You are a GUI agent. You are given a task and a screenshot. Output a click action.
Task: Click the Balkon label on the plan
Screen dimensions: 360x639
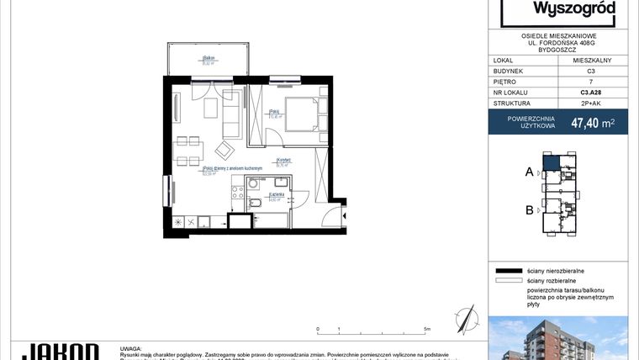[206, 59]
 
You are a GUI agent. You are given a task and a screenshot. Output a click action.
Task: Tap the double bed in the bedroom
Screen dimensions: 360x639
[300, 114]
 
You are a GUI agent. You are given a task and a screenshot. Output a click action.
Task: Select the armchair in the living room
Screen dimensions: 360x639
[224, 150]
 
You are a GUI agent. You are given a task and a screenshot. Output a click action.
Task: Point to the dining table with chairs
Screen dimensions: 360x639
[188, 151]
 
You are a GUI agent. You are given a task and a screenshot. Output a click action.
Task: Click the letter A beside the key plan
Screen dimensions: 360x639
[529, 172]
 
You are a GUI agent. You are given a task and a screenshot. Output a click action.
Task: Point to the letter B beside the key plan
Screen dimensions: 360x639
[529, 210]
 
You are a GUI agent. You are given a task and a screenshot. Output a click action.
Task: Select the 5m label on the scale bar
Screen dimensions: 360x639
[427, 329]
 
